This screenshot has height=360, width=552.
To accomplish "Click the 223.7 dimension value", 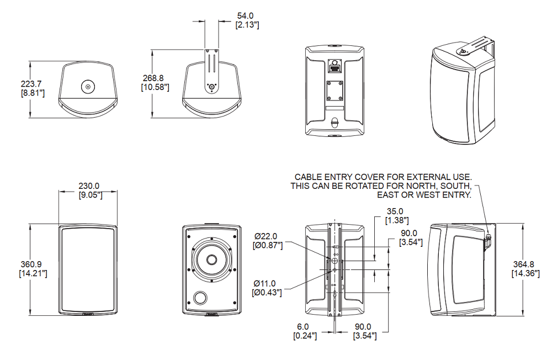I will coord(31,84).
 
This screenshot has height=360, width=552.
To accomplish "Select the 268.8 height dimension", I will coord(155,78).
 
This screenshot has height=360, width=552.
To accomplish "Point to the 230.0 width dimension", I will coord(88,186).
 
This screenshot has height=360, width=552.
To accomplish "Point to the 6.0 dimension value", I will coord(304,326).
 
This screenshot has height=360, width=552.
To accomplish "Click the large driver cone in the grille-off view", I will coord(212,260).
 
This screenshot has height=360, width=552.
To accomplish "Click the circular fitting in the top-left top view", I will coord(88,86).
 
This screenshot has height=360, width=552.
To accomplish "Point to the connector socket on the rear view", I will coord(334,67).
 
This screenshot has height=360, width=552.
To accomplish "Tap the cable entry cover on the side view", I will coord(489,239).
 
